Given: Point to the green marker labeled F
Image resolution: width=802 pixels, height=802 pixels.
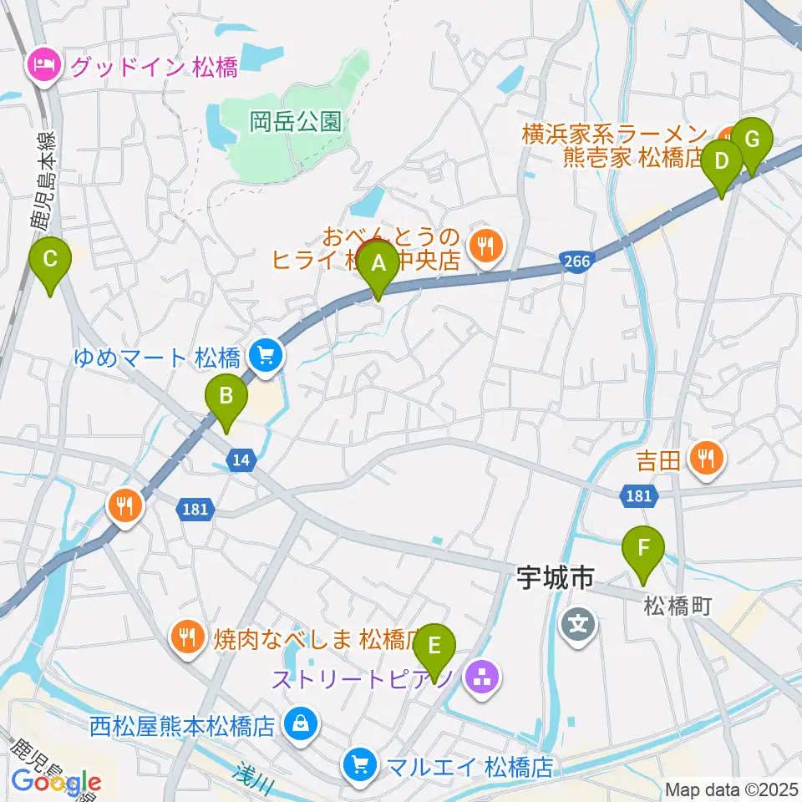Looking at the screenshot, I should tap(643, 550).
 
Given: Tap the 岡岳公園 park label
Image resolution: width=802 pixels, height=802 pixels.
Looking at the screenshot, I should tap(296, 122).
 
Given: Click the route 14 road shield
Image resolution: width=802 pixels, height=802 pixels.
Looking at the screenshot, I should tap(241, 459).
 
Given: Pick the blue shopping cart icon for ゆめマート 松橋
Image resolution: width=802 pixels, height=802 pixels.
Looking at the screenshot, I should tap(266, 358).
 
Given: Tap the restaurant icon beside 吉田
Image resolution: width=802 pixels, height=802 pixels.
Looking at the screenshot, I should tap(707, 456).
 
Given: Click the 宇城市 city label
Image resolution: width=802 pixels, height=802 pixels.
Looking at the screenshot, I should tap(553, 576).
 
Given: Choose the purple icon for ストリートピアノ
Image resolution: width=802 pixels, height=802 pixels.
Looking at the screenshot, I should tap(481, 675).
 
